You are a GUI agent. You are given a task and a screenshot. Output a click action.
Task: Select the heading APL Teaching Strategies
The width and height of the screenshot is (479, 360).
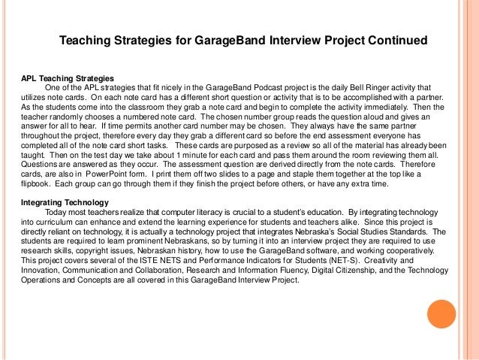click(67, 77)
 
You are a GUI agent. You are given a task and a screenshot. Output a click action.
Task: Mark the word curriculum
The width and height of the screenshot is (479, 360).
click(48, 224)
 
